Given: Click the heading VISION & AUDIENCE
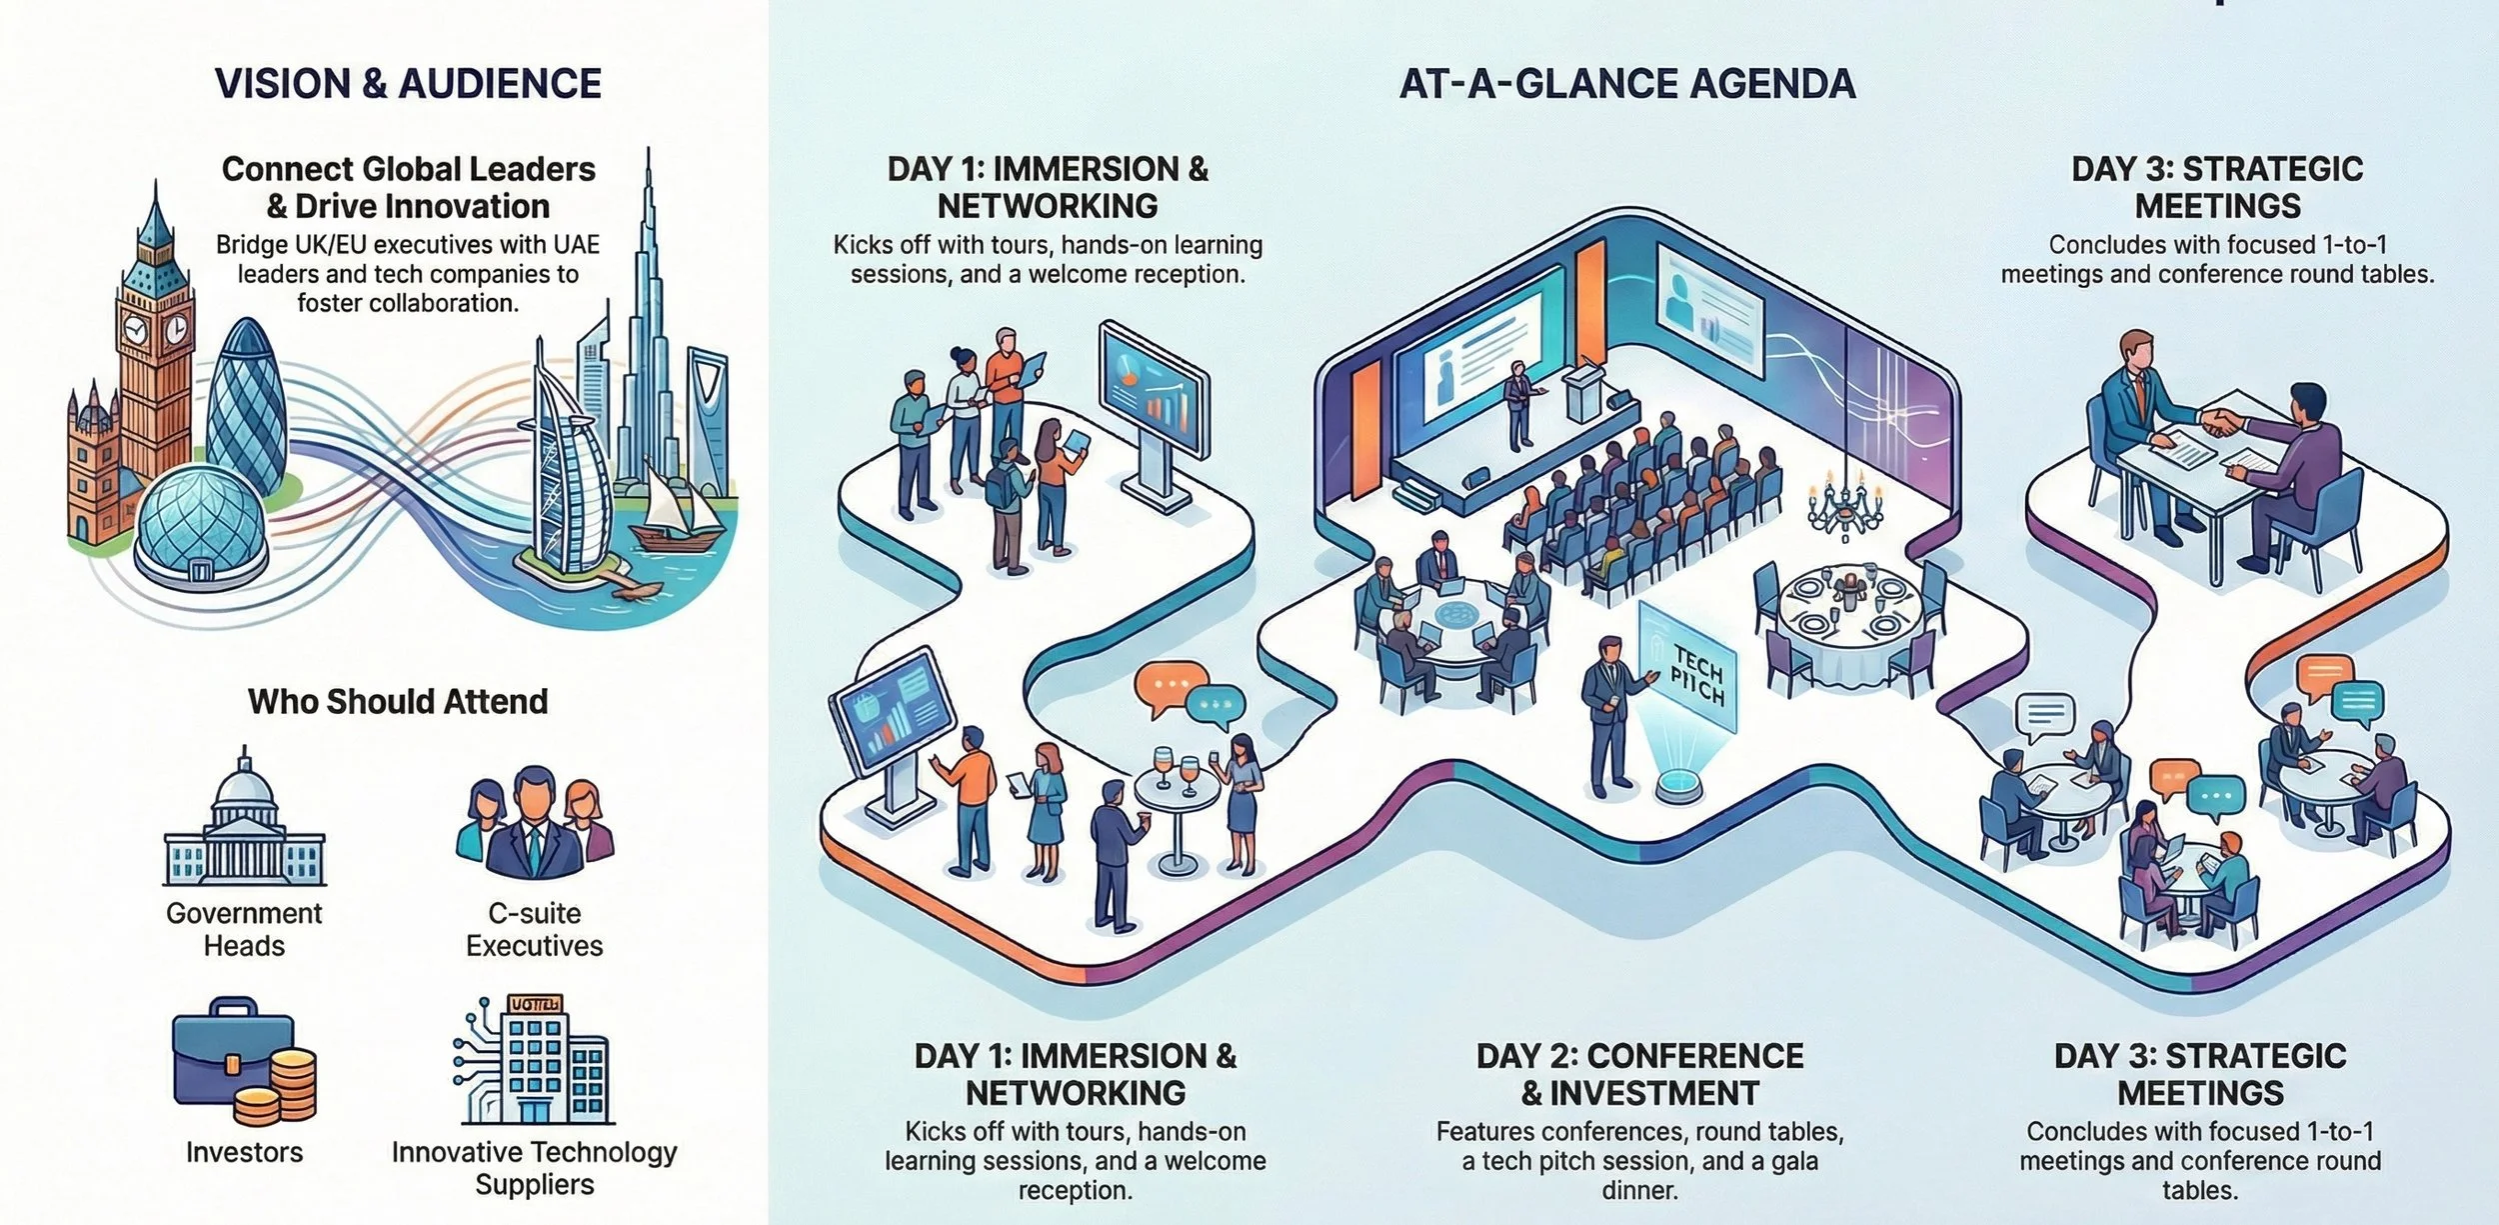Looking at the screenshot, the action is pyautogui.click(x=408, y=83).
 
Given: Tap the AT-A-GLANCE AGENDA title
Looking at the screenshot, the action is pyautogui.click(x=1626, y=83).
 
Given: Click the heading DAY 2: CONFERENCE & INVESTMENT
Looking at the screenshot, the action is pyautogui.click(x=1639, y=1074).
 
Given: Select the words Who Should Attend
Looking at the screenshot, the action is pyautogui.click(x=398, y=701).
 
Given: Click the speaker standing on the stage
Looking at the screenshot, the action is pyautogui.click(x=1518, y=405).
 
